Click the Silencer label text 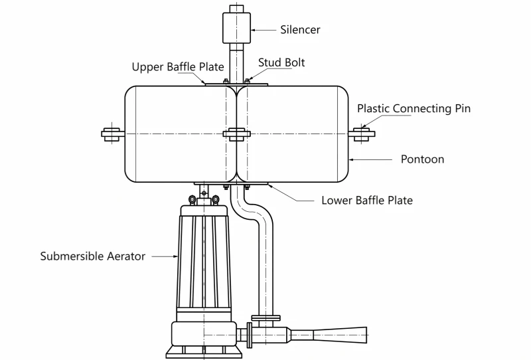click(300, 30)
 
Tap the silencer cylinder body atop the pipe click(237, 28)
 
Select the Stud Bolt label click(281, 62)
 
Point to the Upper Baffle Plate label click(178, 67)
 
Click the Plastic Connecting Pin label click(414, 108)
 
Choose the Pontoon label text click(422, 159)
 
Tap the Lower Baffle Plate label click(367, 201)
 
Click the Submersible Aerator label click(93, 256)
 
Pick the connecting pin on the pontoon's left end click(113, 134)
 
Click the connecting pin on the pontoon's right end click(362, 134)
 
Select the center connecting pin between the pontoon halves click(237, 134)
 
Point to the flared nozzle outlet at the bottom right click(340, 335)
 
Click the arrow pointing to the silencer click(264, 30)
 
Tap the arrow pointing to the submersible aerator click(165, 256)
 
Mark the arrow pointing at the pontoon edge click(370, 159)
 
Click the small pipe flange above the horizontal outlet click(266, 318)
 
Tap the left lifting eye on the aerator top click(192, 199)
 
